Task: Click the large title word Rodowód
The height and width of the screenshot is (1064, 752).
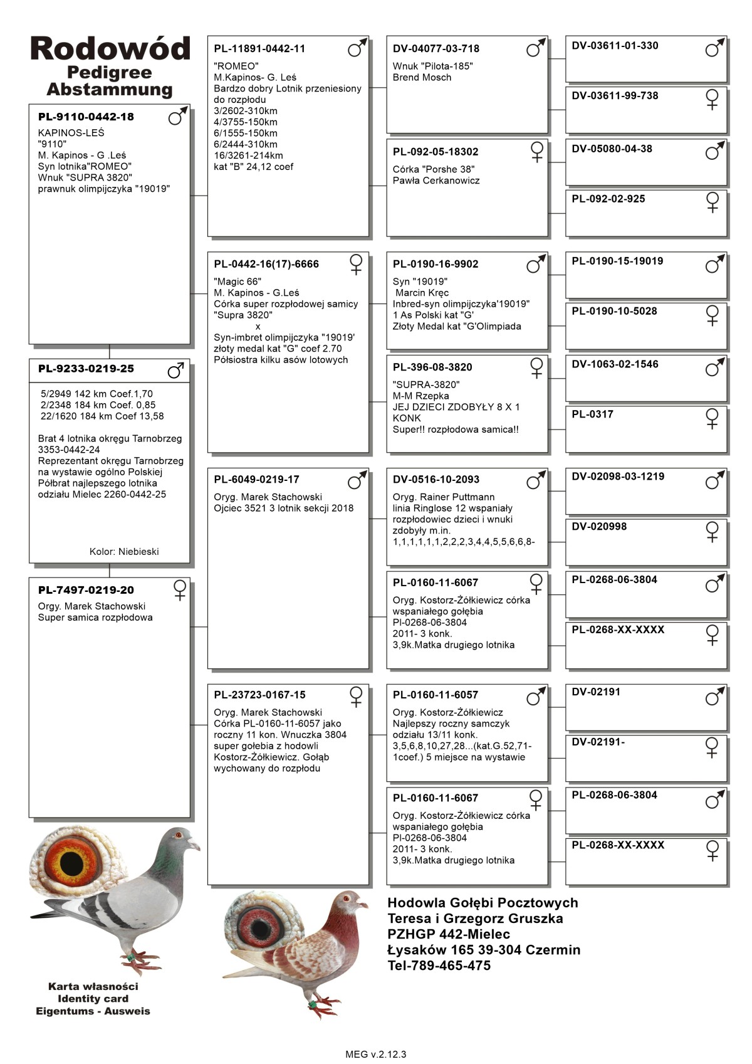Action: (110, 49)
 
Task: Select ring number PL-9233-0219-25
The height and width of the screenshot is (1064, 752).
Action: (86, 369)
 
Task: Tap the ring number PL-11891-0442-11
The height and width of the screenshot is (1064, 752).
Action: (259, 49)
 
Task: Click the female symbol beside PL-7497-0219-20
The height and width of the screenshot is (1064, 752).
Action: (180, 590)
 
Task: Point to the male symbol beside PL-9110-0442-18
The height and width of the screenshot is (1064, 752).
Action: (177, 116)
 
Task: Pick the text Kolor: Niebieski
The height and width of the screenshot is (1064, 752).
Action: (124, 552)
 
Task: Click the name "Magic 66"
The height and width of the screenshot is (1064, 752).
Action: (238, 282)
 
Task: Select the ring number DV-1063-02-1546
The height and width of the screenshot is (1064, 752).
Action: (615, 364)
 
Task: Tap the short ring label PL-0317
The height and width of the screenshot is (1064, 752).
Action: (592, 414)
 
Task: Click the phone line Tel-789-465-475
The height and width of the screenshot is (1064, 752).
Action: (439, 966)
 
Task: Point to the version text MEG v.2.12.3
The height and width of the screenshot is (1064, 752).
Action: (375, 1055)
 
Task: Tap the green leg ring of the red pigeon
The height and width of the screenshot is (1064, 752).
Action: (311, 1004)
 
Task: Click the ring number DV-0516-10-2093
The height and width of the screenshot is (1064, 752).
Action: (436, 480)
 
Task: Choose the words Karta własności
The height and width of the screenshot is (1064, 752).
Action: (93, 986)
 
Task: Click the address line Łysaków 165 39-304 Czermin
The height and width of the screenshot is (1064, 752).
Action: (483, 950)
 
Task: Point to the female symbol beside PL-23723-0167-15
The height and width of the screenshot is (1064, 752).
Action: (356, 697)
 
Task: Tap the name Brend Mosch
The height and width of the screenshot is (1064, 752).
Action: (422, 78)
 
